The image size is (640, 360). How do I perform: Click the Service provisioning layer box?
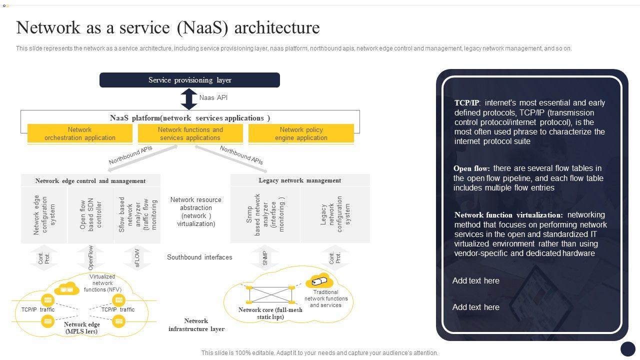(189, 80)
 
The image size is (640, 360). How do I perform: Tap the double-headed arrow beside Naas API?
(189, 99)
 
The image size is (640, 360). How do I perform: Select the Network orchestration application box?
(80, 134)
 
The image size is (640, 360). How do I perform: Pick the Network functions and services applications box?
(190, 134)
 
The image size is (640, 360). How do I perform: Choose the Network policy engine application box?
(301, 134)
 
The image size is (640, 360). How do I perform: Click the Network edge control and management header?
(90, 181)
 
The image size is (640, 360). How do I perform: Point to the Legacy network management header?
(300, 180)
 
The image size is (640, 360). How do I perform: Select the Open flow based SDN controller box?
(90, 215)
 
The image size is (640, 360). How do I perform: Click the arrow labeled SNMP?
(265, 258)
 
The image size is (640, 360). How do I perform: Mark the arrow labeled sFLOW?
(137, 258)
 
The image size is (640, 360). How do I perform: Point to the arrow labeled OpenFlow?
(90, 258)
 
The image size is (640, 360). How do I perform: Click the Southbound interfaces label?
(199, 257)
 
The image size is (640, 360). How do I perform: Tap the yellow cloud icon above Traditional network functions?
(319, 281)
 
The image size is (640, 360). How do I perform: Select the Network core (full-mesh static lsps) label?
(270, 313)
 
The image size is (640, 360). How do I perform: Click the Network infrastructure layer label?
(196, 325)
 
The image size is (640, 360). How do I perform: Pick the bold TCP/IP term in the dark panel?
(466, 103)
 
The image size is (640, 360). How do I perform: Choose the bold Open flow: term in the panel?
(471, 168)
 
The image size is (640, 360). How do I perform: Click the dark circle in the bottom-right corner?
(627, 348)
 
